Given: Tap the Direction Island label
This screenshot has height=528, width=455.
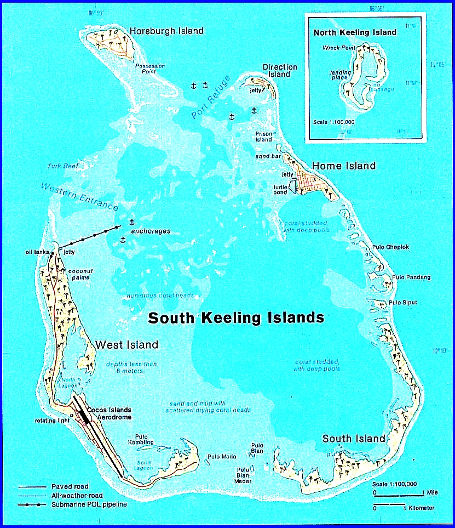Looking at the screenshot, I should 280,71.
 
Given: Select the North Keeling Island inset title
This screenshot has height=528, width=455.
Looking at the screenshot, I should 355,32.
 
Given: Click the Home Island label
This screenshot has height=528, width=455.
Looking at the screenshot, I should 344,166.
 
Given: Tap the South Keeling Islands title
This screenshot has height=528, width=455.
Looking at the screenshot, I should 236,318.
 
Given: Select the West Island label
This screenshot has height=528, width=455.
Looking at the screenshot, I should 127,345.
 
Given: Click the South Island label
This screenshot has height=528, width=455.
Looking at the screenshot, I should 354,439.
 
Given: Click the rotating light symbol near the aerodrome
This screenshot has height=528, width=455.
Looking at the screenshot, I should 71,415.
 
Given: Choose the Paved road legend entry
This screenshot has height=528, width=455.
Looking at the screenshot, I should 70,486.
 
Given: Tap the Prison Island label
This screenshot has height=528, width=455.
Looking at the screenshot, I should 264,137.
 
